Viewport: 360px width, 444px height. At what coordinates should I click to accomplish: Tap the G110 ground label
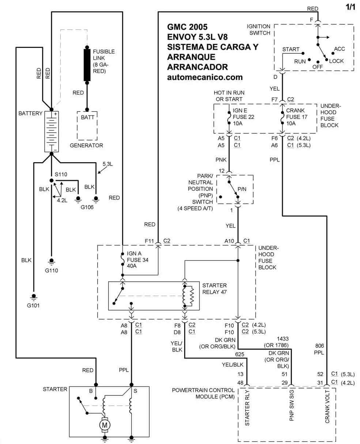[x=52, y=271]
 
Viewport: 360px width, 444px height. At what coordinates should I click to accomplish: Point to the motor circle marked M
[x=105, y=425]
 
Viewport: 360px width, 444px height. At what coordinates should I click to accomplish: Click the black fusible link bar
[x=87, y=65]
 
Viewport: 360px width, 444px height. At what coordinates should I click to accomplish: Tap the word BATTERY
[x=30, y=113]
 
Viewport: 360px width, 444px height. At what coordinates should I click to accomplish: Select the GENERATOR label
[x=87, y=145]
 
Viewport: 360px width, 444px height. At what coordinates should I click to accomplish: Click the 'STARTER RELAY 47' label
[x=215, y=288]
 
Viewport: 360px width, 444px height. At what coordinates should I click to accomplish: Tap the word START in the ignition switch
[x=291, y=49]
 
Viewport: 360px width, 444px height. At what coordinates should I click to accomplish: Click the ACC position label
[x=340, y=49]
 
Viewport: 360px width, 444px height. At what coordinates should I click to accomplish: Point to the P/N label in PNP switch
[x=242, y=189]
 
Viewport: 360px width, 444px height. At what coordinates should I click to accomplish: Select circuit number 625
[x=239, y=354]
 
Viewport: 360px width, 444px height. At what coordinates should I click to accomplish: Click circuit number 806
[x=320, y=346]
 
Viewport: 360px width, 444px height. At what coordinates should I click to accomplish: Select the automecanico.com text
[x=205, y=77]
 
